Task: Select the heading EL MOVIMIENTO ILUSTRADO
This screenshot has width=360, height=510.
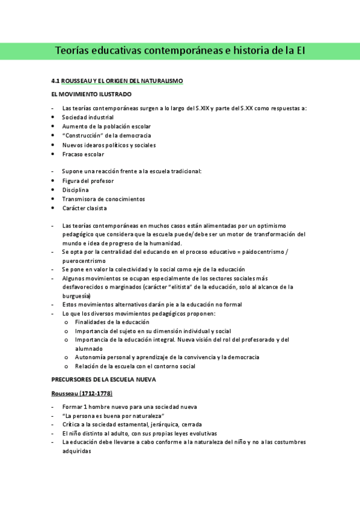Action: click(x=91, y=94)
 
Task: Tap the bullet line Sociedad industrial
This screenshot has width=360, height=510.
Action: click(x=87, y=117)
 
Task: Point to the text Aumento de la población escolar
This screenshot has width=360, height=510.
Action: click(x=106, y=126)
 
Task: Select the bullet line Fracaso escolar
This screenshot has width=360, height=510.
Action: click(x=83, y=154)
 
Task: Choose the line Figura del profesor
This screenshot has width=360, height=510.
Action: click(x=88, y=180)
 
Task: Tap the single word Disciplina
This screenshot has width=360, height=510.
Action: click(x=75, y=189)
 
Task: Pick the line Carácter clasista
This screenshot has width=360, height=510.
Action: click(x=84, y=208)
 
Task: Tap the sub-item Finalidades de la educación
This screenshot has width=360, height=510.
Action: click(x=112, y=322)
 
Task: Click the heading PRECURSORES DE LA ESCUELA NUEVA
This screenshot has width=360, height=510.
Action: click(x=103, y=379)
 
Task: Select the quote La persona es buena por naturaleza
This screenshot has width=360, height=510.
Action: click(x=113, y=416)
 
